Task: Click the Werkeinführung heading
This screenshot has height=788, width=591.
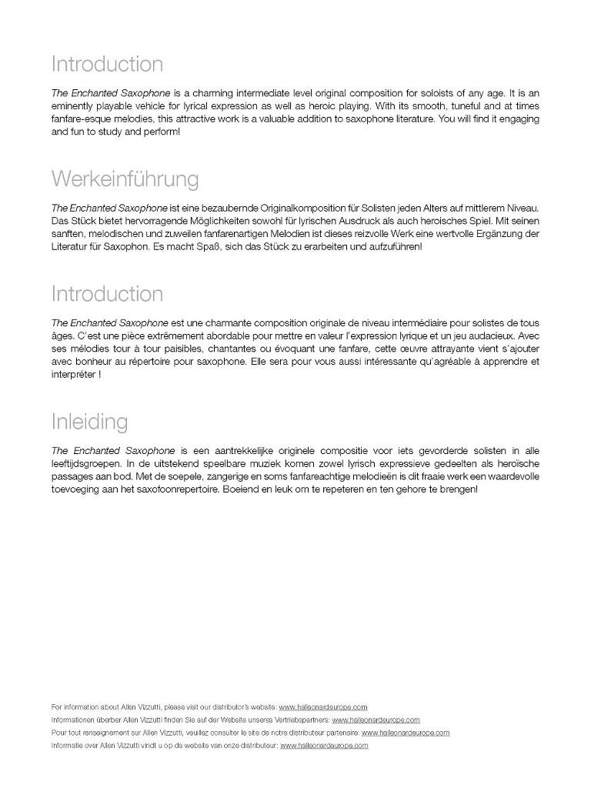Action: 125,179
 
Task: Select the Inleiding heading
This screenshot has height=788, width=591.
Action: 89,422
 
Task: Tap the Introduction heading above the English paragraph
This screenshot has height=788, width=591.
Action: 107,64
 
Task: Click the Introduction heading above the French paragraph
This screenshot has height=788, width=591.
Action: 107,294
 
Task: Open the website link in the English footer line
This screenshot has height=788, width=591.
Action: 322,706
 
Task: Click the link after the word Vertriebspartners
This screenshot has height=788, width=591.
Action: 376,720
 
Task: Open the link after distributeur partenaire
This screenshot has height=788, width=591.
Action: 405,733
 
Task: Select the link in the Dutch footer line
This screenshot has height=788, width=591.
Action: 324,746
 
